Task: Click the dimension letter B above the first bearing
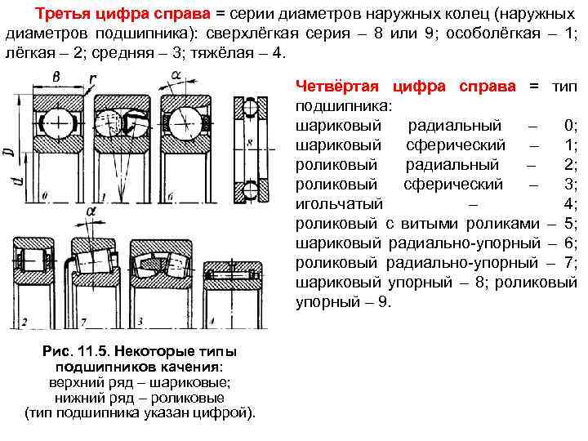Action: click(56, 76)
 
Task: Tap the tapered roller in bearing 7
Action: click(91, 261)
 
